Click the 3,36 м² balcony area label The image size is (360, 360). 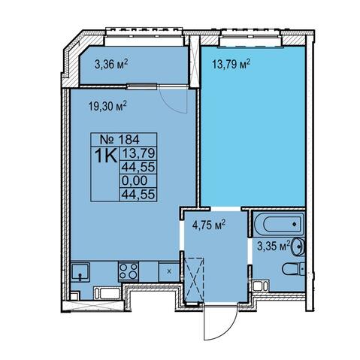111,65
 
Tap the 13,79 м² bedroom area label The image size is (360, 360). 231,65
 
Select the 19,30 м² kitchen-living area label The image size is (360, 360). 107,106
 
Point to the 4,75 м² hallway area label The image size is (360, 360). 209,225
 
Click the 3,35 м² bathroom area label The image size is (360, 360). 274,246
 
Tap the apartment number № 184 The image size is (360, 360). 119,139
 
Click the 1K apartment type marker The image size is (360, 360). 106,156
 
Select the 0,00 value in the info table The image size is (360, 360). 135,180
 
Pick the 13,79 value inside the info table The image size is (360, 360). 138,153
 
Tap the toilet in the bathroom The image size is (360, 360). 293,269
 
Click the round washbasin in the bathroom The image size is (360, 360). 298,247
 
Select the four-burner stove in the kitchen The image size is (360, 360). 129,271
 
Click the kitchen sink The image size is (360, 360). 80,271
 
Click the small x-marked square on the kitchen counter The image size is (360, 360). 169,271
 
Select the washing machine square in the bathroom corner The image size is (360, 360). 261,286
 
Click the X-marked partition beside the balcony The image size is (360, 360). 195,61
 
